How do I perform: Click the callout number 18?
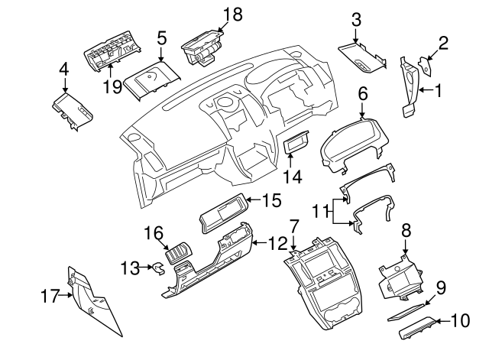[x=232, y=13]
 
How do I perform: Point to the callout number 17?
[x=50, y=294]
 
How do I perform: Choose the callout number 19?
[x=112, y=86]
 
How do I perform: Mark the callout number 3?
[x=355, y=18]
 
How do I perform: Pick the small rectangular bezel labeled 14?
[x=295, y=143]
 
